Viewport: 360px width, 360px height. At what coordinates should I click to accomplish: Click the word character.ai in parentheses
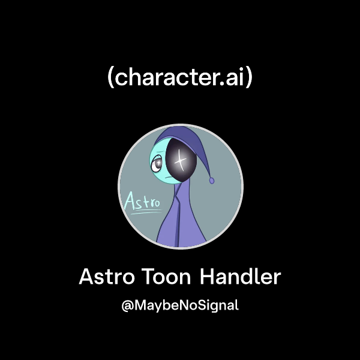[x=180, y=77]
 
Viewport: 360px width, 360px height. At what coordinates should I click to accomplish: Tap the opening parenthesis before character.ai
[x=110, y=78]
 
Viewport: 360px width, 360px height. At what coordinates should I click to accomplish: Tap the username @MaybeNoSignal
[x=180, y=305]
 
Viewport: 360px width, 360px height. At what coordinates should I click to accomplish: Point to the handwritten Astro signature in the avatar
[x=142, y=201]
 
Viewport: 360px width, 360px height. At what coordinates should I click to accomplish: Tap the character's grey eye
[x=157, y=162]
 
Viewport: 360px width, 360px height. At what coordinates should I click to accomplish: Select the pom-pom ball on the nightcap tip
[x=212, y=179]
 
